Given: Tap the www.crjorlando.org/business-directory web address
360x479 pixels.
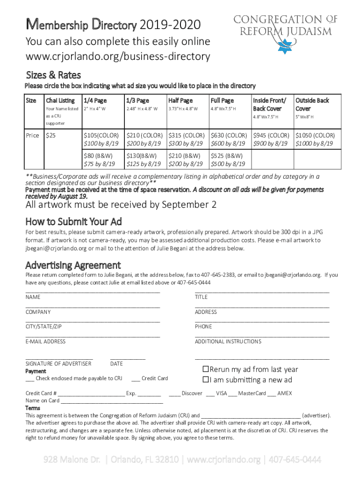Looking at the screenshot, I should [118, 57].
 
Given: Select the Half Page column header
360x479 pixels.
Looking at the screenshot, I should [180, 101].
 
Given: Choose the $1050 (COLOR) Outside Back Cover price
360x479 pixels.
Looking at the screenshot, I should [315, 135].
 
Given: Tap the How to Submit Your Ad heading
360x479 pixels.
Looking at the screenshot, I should [73, 221].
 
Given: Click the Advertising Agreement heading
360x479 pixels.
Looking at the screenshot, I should [73, 265].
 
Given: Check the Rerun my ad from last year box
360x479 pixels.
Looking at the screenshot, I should [205, 369].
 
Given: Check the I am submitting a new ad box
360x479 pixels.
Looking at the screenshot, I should [205, 379].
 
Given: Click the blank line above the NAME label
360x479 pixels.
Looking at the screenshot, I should [93, 291].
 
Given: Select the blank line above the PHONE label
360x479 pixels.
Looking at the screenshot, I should [262, 321].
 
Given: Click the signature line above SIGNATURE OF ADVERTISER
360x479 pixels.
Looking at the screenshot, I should [59, 358].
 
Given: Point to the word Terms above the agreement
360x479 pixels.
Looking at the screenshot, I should [33, 408].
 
